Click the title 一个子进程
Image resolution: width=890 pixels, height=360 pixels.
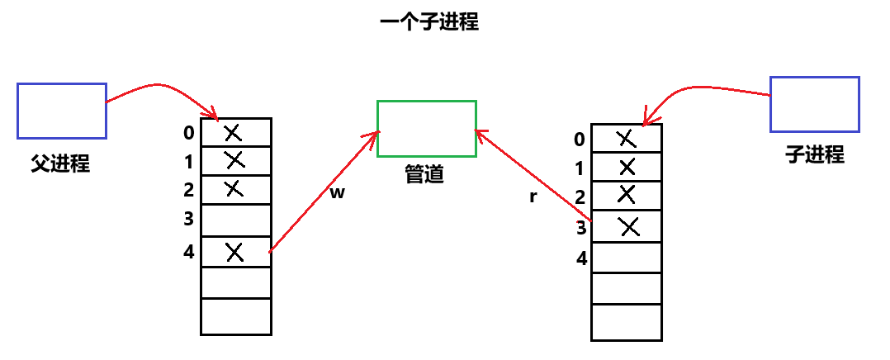429,22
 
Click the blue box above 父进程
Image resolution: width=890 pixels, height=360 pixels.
62,110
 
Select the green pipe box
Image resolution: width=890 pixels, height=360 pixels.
427,128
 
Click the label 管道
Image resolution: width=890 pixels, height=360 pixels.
424,174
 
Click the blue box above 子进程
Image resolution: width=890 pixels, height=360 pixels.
815,104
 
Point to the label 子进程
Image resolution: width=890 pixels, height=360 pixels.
815,154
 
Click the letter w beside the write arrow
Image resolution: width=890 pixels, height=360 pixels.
337,193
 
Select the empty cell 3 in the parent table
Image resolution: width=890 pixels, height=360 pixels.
236,220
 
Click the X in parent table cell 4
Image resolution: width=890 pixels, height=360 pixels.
235,252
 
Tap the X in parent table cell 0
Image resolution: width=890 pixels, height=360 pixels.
234,131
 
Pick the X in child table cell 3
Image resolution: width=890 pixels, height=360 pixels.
629,226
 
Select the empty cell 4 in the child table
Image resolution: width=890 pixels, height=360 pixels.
627,257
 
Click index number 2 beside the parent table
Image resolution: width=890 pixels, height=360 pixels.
188,190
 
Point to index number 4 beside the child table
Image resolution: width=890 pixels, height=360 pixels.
581,258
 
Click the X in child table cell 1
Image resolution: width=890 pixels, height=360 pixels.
627,168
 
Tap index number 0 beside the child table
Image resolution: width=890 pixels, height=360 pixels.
580,139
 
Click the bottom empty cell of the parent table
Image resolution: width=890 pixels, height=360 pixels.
236,317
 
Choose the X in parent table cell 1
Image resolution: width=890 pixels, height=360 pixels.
234,159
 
